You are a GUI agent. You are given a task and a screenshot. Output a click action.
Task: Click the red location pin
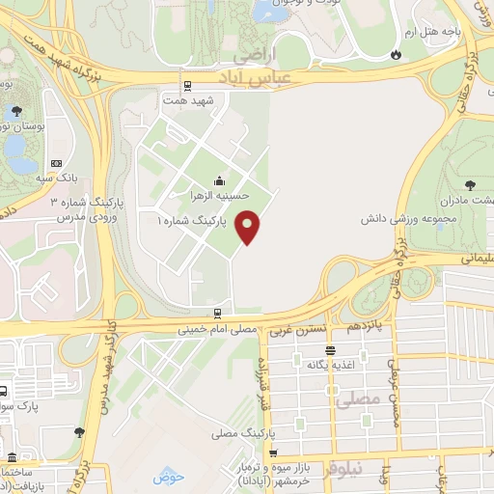point(248,225)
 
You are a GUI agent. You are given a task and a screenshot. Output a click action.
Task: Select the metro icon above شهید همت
point(188,85)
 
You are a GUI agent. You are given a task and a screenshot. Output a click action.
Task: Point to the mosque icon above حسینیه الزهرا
point(220,179)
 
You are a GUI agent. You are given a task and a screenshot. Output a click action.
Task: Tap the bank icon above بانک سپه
point(55,163)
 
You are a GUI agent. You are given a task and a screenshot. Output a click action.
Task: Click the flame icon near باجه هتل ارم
point(394,55)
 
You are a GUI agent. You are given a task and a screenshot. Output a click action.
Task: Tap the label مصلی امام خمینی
point(216,329)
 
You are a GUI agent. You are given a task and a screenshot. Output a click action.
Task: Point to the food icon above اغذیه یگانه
point(331,350)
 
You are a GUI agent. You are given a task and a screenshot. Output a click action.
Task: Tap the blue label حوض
point(168,477)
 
